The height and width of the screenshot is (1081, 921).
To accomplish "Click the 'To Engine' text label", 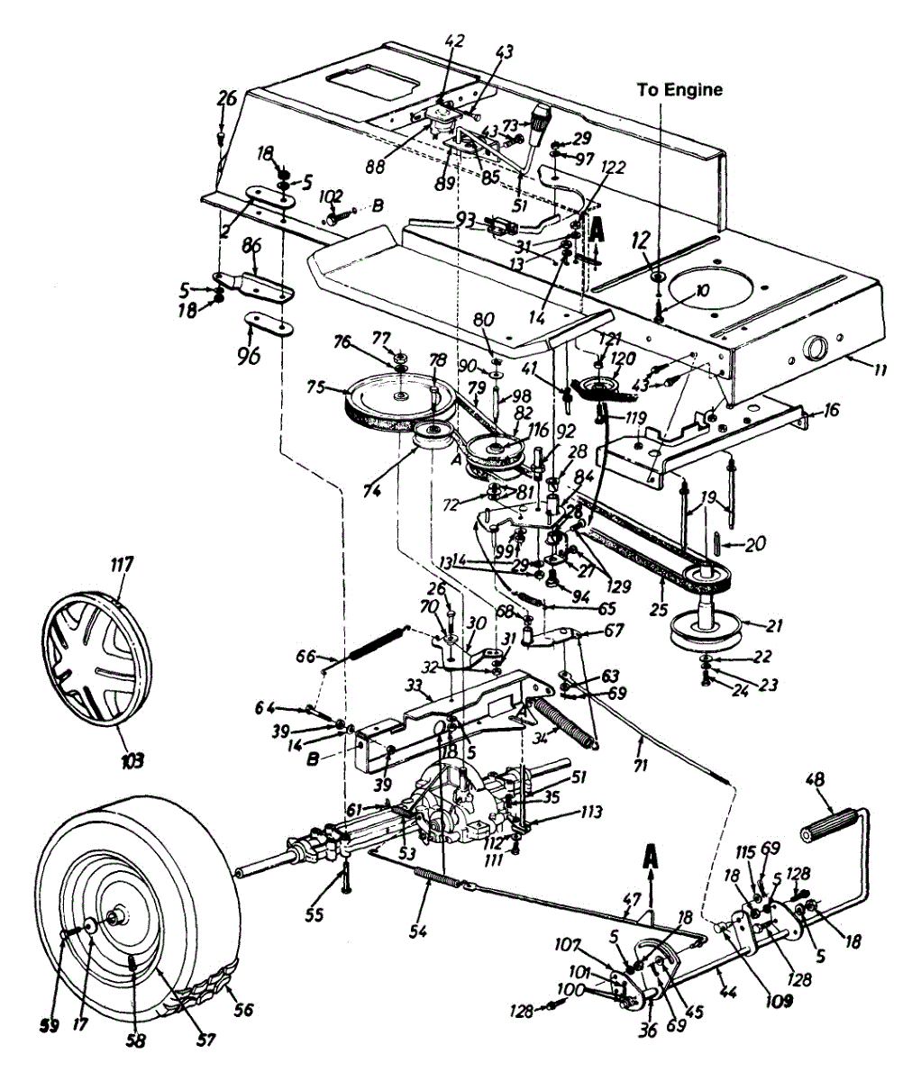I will click(679, 90).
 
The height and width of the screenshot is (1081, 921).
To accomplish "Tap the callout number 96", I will click(248, 356).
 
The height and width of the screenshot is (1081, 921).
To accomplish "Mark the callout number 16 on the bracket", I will click(832, 411).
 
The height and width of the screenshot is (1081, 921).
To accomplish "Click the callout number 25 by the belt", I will click(659, 611).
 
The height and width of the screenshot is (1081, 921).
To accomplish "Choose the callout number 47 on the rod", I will click(632, 898).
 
